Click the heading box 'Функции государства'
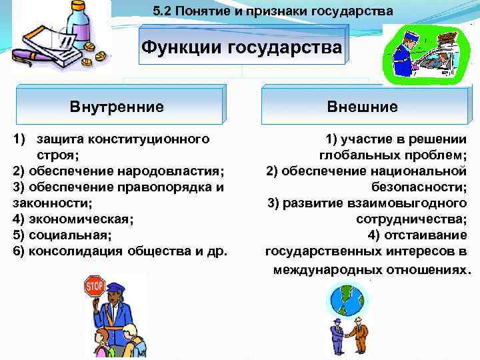coord(242,47)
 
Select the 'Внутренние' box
coord(117,106)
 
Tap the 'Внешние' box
coord(362,106)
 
